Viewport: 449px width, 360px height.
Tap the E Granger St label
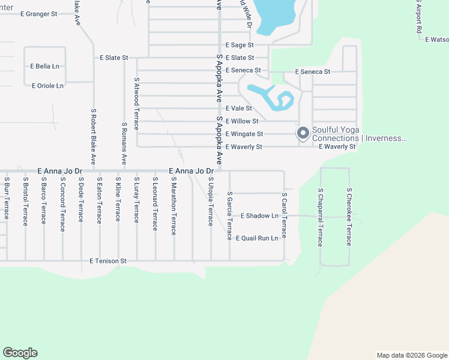[x=38, y=13]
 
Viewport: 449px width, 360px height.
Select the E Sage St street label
[x=240, y=45]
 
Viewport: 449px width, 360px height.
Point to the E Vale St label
[x=238, y=109]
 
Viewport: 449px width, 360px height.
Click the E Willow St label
[x=241, y=121]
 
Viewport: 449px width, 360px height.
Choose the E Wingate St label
[x=244, y=134]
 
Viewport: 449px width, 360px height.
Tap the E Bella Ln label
[x=45, y=66]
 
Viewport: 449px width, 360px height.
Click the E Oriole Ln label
[x=47, y=86]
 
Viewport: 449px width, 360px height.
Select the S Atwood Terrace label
[x=137, y=103]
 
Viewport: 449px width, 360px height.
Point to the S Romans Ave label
[x=124, y=144]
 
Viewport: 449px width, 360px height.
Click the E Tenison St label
[x=108, y=261]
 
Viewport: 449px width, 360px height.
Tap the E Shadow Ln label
[x=260, y=215]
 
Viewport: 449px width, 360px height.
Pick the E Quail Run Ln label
[x=257, y=238]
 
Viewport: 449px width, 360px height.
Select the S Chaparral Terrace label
[x=321, y=217]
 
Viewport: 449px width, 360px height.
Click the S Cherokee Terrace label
[x=349, y=217]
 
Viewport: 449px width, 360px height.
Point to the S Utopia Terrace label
[x=211, y=202]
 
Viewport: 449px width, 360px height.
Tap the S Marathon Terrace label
[x=173, y=206]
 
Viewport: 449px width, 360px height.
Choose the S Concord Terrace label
[x=62, y=204]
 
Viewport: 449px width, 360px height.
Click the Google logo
[x=20, y=353]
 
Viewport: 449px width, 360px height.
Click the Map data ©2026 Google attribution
[x=411, y=355]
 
